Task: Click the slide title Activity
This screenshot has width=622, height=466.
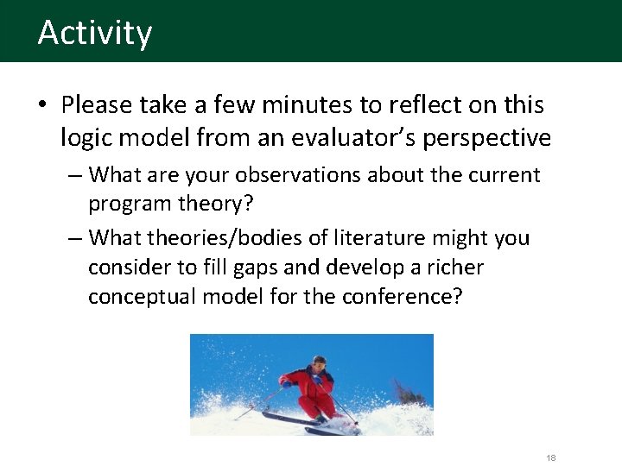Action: [x=95, y=33]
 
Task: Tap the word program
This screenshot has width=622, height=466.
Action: [x=130, y=205]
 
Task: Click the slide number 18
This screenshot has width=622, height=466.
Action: [x=551, y=458]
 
